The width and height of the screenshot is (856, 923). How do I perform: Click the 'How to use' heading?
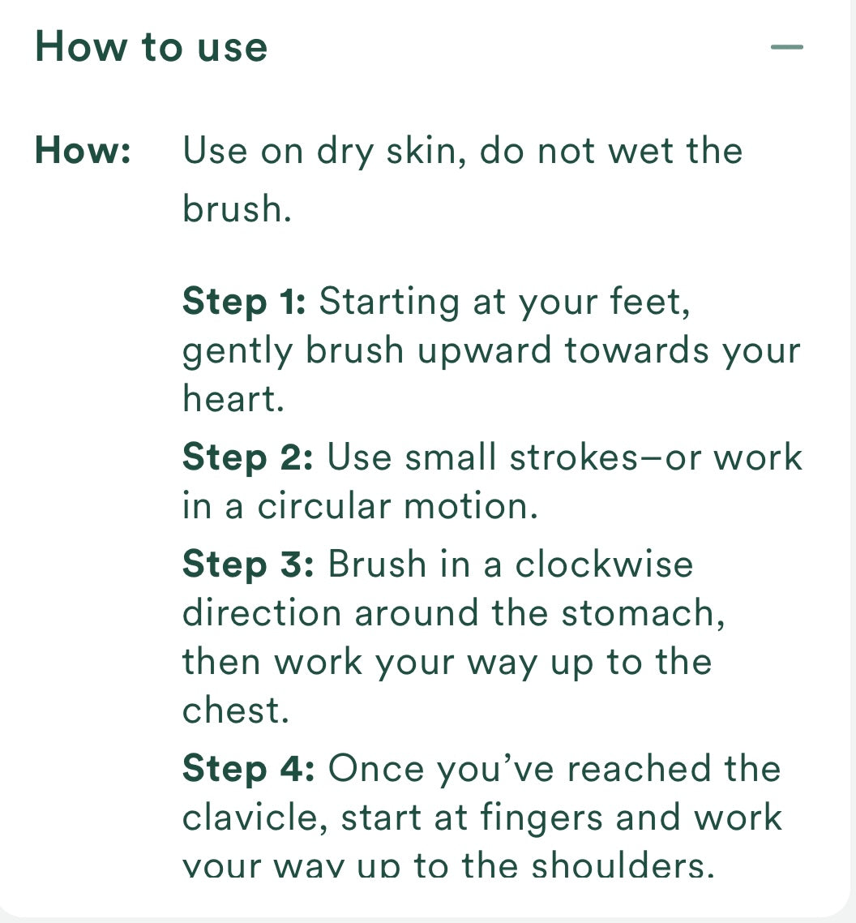[x=151, y=46]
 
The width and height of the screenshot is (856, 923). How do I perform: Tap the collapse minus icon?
[x=786, y=47]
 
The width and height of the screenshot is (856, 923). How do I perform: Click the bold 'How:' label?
[x=83, y=152]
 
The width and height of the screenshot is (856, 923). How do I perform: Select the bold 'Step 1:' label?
[x=244, y=302]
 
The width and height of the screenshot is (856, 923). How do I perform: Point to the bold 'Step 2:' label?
[x=247, y=457]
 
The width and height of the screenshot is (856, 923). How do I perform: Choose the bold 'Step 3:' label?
[x=247, y=564]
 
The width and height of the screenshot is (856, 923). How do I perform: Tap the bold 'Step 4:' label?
[x=248, y=768]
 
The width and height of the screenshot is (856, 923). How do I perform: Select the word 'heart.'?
[x=233, y=400]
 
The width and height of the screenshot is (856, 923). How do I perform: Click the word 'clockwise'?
[x=604, y=564]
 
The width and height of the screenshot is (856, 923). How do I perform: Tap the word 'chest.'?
[x=235, y=711]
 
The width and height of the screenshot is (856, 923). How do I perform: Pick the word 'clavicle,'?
[x=254, y=818]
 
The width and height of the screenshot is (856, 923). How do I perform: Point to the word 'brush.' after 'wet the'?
[x=236, y=209]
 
